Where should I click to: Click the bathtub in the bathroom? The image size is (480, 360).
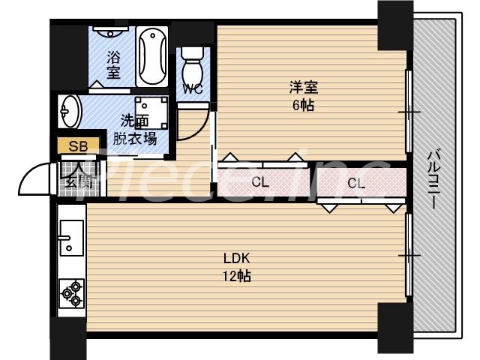pyautogui.click(x=152, y=57)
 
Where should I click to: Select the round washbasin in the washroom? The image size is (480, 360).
pyautogui.click(x=70, y=112)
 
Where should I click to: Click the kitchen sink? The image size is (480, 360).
pyautogui.click(x=70, y=238)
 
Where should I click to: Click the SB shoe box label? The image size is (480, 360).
pyautogui.click(x=76, y=146)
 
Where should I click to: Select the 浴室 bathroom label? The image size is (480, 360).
pyautogui.click(x=114, y=64)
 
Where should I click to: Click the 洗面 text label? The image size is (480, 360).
pyautogui.click(x=134, y=121)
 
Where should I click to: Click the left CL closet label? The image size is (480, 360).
pyautogui.click(x=260, y=181)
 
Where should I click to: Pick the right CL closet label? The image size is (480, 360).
pyautogui.click(x=356, y=183)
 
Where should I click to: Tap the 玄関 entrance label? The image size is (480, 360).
pyautogui.click(x=77, y=181)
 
